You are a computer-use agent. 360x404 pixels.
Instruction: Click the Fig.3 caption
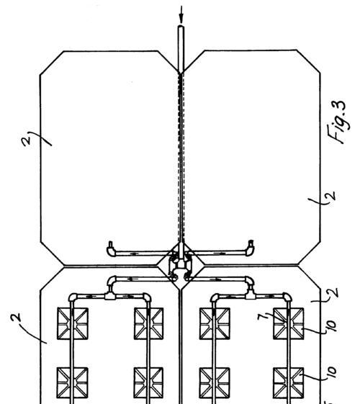pyautogui.click(x=338, y=122)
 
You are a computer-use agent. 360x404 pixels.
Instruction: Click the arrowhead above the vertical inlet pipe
pyautogui.click(x=181, y=20)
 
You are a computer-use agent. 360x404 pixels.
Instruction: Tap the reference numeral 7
pyautogui.click(x=261, y=316)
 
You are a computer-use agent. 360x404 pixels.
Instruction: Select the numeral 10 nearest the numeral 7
pyautogui.click(x=331, y=326)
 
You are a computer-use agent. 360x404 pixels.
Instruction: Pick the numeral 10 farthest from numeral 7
pyautogui.click(x=331, y=372)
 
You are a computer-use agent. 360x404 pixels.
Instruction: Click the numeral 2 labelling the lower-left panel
pyautogui.click(x=16, y=318)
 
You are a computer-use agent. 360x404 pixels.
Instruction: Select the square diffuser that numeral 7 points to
pyautogui.click(x=289, y=323)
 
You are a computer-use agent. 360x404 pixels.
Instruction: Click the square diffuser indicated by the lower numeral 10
pyautogui.click(x=289, y=383)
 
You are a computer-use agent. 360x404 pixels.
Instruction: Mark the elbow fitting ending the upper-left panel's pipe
pyautogui.click(x=112, y=249)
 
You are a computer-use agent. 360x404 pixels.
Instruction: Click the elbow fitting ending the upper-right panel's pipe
pyautogui.click(x=250, y=248)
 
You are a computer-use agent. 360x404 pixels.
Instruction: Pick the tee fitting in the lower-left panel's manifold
pyautogui.click(x=110, y=295)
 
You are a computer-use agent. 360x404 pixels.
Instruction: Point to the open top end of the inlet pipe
pyautogui.click(x=181, y=26)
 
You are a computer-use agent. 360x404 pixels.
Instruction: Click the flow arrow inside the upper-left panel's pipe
pyautogui.click(x=134, y=253)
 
